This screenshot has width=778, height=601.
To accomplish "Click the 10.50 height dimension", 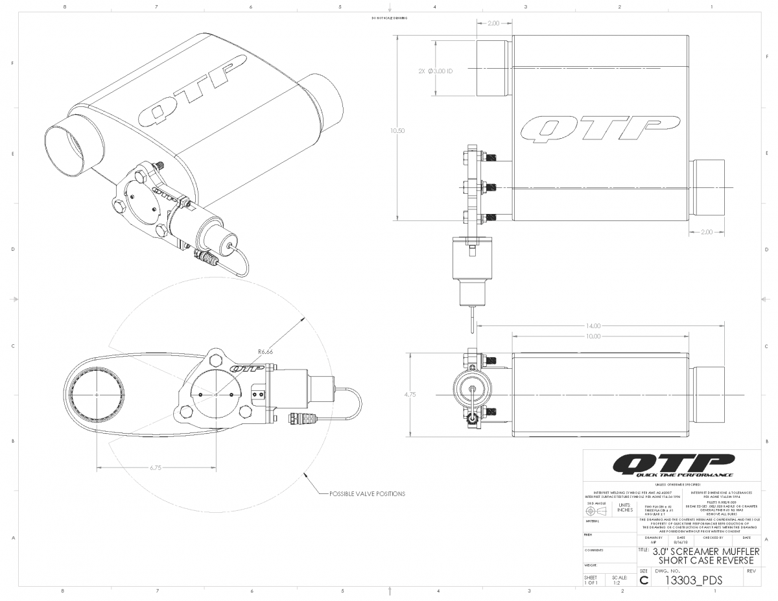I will [397, 130].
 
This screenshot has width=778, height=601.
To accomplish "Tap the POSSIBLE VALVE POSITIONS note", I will [367, 493].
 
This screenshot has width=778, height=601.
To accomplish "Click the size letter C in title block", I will [643, 580].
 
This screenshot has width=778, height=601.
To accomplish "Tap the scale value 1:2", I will [620, 582].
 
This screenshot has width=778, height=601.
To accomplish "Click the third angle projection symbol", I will [595, 511].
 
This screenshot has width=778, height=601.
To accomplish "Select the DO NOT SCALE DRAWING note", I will [389, 18].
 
